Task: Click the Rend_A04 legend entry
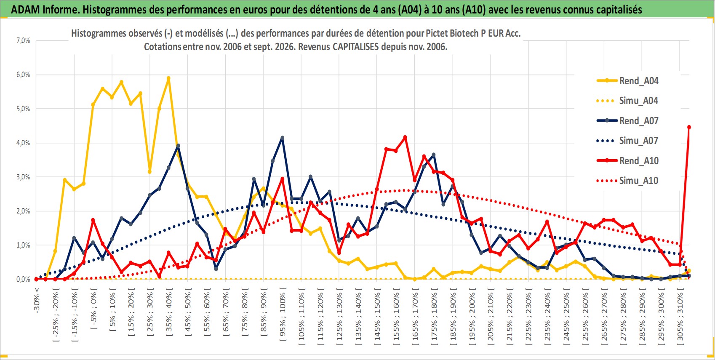point(627,81)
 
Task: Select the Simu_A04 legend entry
point(627,101)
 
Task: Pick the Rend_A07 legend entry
point(627,121)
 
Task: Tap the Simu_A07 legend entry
point(627,141)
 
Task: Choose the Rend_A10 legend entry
point(627,160)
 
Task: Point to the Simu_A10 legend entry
point(627,181)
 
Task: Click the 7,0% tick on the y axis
point(23,40)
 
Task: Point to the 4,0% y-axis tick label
point(23,143)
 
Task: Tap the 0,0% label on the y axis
point(23,279)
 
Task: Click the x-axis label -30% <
point(37,300)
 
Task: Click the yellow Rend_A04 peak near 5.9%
point(168,78)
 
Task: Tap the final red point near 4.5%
point(689,127)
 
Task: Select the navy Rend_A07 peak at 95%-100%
point(282,138)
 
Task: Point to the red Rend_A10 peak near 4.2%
point(405,137)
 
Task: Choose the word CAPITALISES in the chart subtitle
point(355,47)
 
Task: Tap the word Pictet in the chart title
point(436,33)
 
